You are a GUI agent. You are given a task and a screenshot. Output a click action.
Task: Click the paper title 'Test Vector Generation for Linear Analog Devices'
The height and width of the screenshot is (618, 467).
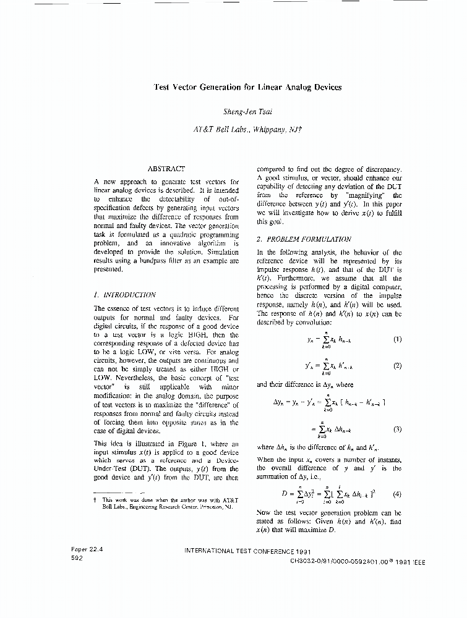pyautogui.click(x=247, y=87)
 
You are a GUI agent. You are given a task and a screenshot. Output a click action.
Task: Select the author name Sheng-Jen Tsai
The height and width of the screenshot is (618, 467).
pyautogui.click(x=247, y=112)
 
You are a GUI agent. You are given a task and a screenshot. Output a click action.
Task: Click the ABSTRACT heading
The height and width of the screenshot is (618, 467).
pyautogui.click(x=166, y=169)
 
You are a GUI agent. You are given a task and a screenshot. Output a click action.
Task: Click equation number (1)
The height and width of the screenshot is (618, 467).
pyautogui.click(x=397, y=339)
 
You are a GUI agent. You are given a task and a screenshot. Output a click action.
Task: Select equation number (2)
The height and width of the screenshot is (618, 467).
pyautogui.click(x=397, y=365)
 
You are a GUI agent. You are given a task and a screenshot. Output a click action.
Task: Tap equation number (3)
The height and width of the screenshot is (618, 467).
pyautogui.click(x=397, y=429)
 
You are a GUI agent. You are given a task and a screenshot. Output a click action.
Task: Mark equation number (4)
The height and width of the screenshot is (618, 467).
pyautogui.click(x=397, y=494)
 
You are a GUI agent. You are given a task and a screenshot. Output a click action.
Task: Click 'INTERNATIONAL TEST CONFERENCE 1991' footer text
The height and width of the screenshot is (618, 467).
pyautogui.click(x=247, y=551)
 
